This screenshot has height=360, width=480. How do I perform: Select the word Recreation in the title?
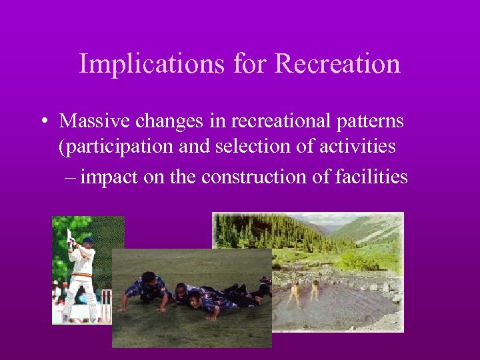[x=337, y=64]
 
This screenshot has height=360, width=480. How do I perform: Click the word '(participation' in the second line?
[x=107, y=147]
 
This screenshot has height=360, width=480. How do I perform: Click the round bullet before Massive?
[x=43, y=122]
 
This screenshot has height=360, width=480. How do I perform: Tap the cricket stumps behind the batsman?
[x=105, y=303]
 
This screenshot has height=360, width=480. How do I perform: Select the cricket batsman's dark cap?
[x=87, y=241]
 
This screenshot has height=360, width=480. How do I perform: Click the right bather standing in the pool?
[x=314, y=290]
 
